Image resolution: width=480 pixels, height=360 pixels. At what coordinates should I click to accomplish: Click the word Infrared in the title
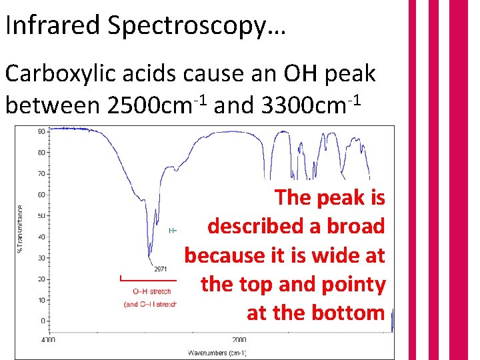tap(51, 26)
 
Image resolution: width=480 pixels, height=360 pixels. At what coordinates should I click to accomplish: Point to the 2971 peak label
tap(159, 269)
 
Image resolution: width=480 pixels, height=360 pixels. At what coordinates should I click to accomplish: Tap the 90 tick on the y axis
tap(41, 131)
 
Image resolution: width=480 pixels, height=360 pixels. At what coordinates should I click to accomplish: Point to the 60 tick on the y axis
tap(41, 195)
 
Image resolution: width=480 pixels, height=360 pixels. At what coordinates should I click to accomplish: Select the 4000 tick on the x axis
tap(49, 339)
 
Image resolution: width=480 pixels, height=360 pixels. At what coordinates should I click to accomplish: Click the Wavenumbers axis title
tap(217, 352)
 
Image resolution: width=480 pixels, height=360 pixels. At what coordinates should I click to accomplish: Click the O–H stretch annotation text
tap(151, 291)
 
